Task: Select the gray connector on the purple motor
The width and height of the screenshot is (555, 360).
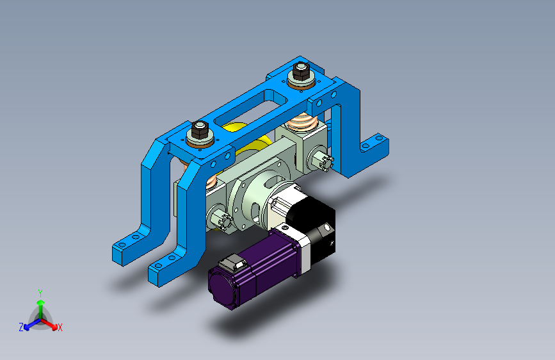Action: pos(232,263)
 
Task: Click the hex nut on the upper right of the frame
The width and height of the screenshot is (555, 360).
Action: pos(301,72)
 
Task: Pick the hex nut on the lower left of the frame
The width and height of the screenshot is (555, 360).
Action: pos(200,131)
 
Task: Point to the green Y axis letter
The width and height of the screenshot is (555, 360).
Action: pos(40,293)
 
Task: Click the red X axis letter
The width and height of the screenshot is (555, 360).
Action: pos(60,328)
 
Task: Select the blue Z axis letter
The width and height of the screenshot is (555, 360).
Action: pos(21,327)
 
